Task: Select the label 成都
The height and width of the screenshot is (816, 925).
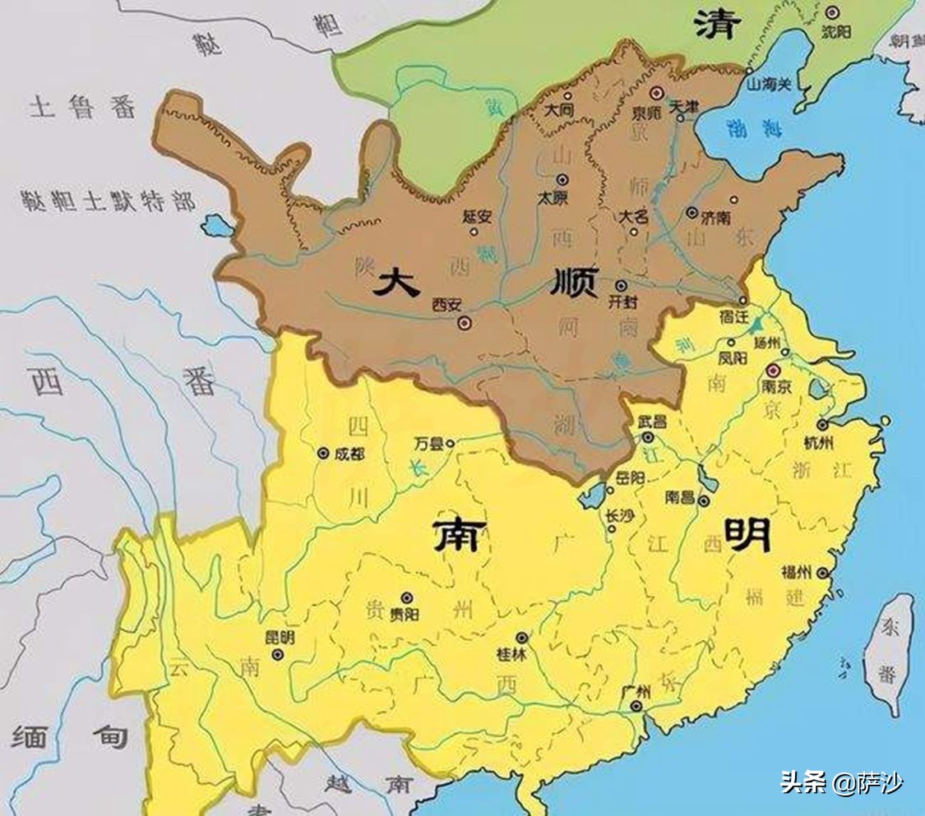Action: click(348, 453)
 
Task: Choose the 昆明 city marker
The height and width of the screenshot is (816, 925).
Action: click(278, 655)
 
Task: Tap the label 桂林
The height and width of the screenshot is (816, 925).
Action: click(516, 655)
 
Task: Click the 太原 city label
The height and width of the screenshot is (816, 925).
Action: click(553, 198)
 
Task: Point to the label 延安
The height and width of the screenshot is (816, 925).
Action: click(477, 217)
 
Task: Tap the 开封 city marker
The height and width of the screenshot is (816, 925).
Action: click(621, 285)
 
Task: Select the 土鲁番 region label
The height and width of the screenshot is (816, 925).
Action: click(82, 107)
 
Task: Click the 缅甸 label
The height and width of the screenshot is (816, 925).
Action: click(69, 735)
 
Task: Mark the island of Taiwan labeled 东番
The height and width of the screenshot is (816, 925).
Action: click(889, 653)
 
